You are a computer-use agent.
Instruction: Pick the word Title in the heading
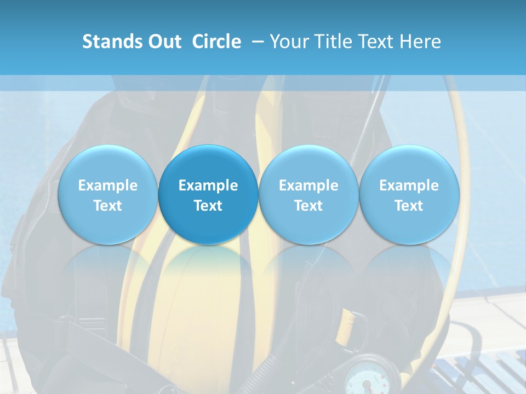[x=335, y=42]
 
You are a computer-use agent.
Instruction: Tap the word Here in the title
[x=421, y=42]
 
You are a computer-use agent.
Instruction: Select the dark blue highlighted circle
[x=208, y=194]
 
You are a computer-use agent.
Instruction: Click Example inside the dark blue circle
[x=208, y=186]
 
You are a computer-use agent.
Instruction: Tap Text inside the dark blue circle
[x=208, y=206]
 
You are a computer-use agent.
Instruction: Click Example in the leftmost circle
[x=108, y=186]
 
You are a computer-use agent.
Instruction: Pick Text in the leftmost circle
[x=108, y=206]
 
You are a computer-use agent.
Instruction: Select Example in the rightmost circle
[x=409, y=186]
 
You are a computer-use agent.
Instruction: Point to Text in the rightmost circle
[x=409, y=206]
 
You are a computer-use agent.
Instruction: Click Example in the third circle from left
[x=308, y=186]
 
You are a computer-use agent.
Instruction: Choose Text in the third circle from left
[x=308, y=206]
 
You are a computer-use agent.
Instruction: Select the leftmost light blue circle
[x=108, y=164]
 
